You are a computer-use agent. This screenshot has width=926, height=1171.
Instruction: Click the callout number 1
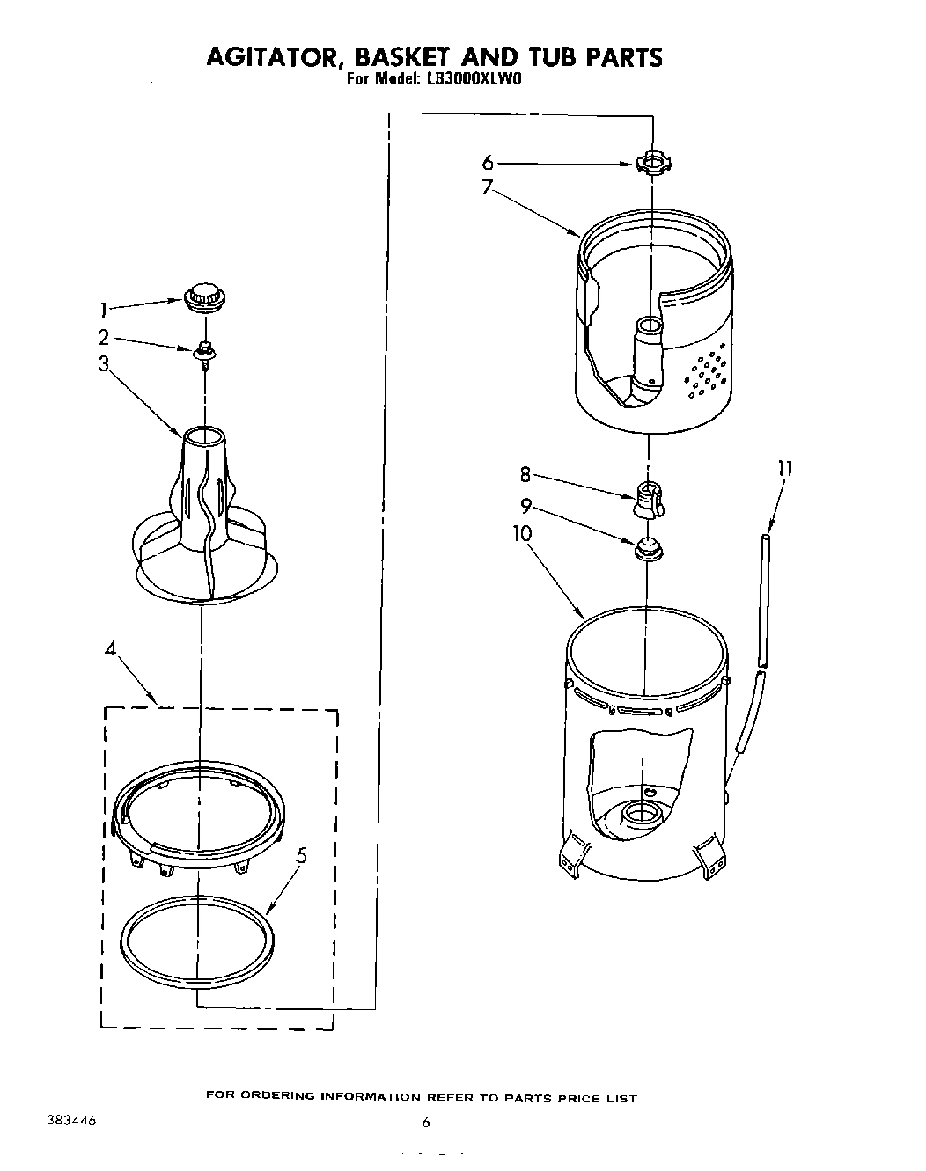point(103,309)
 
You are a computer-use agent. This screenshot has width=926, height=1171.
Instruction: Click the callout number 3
point(104,363)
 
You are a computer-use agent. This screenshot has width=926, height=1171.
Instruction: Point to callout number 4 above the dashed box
point(110,649)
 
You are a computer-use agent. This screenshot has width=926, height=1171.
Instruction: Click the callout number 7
point(487,187)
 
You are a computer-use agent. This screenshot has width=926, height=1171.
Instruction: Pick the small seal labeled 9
point(646,550)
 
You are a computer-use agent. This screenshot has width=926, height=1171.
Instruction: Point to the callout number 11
point(784,469)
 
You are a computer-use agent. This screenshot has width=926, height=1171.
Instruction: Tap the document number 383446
point(70,1122)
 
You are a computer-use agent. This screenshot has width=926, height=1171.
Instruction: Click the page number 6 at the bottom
point(425,1122)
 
